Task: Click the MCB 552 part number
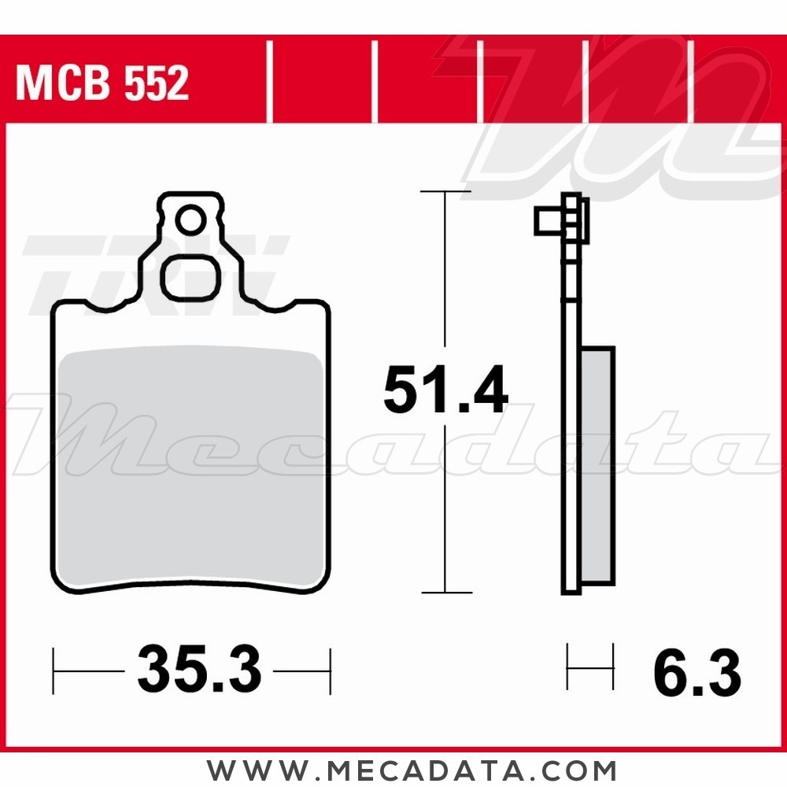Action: pos(102,83)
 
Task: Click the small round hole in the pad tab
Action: pos(189,222)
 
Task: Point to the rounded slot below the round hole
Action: pos(190,277)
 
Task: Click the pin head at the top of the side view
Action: pos(549,221)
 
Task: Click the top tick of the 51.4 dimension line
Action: pos(445,191)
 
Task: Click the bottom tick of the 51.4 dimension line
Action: pos(445,592)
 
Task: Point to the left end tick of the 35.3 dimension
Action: pos(54,671)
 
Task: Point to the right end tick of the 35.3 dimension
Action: pos(330,671)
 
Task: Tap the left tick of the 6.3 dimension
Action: pos(568,667)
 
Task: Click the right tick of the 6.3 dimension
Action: pos(612,667)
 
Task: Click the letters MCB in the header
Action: pos(62,83)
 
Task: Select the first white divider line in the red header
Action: pos(269,83)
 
